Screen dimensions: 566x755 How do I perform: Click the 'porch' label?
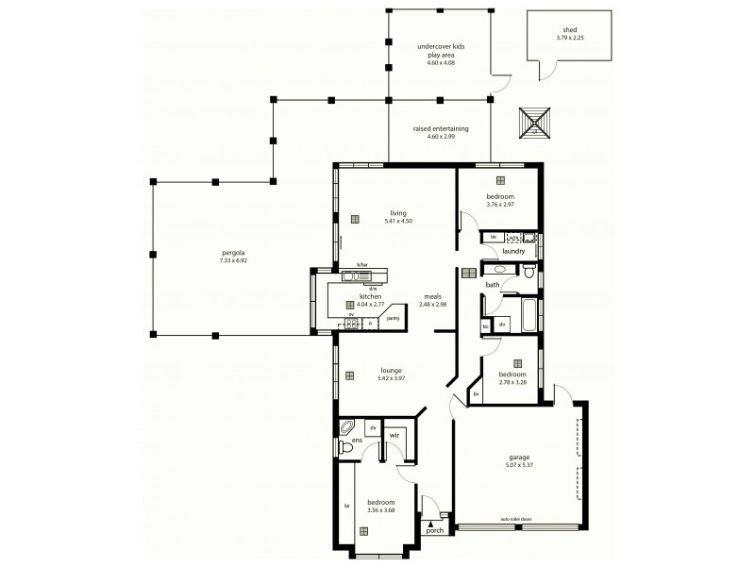pos(434,530)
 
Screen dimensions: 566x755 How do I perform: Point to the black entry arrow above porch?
pos(431,520)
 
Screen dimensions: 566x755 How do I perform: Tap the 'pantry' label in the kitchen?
pos(393,320)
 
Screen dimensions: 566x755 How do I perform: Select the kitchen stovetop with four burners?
pos(352,324)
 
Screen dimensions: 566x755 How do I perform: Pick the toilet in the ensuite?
pos(345,448)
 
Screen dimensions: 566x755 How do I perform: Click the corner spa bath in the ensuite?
pos(348,426)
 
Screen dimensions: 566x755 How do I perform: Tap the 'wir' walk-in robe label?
pos(394,435)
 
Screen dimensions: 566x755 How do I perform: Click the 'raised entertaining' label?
pos(441,128)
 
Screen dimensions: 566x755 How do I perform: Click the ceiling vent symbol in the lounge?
pos(349,375)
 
